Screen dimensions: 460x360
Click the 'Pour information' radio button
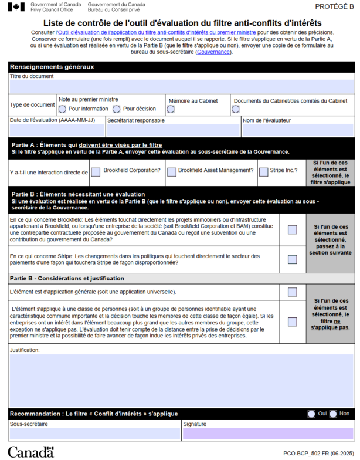(63, 109)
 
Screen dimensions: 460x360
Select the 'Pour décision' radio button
(117, 109)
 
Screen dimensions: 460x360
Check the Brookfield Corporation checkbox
(96, 172)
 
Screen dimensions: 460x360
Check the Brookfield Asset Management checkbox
(171, 172)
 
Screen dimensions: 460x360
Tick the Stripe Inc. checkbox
(263, 172)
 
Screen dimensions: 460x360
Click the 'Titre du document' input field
(181, 87)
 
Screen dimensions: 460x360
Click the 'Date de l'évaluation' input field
(56, 130)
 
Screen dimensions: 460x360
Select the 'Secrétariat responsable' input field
(172, 130)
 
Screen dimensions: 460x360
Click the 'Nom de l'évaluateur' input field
(297, 130)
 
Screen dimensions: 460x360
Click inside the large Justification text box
(181, 380)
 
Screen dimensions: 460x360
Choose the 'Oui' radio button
(311, 414)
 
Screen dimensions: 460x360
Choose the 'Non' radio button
(333, 414)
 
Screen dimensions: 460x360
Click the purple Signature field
(267, 434)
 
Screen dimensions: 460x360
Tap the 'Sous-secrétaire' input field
(94, 434)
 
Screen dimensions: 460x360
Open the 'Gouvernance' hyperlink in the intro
(213, 52)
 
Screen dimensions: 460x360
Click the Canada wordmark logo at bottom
(30, 452)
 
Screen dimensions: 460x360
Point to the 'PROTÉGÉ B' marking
(334, 6)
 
